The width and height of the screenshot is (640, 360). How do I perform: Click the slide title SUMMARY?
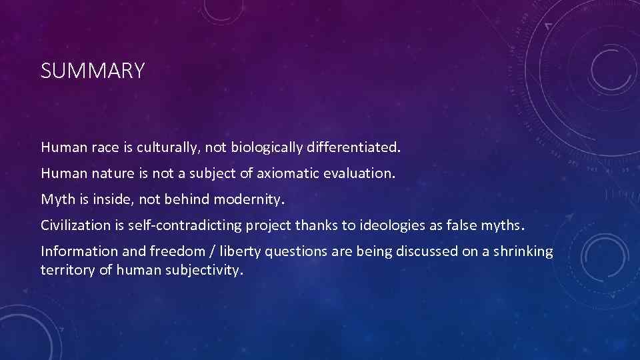pos(92,71)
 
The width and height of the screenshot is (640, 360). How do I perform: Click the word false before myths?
pos(476,225)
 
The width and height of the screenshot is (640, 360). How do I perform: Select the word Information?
pos(75,251)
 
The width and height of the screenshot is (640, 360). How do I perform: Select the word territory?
pos(67,269)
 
